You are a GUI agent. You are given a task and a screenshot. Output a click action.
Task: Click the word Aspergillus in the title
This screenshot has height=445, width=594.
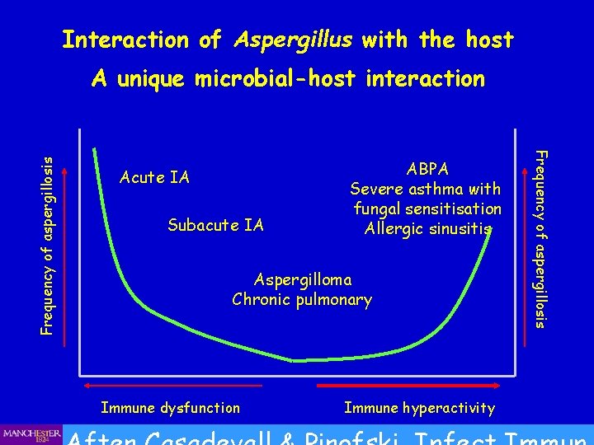tap(293, 40)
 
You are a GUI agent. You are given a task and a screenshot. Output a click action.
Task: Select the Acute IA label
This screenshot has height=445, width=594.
tap(154, 177)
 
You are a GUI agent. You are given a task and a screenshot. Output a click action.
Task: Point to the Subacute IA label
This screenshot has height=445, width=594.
tap(215, 225)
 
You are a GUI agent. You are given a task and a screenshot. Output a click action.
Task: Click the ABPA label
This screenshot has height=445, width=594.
tap(427, 169)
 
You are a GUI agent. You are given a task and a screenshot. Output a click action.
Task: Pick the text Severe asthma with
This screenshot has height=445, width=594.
tap(427, 190)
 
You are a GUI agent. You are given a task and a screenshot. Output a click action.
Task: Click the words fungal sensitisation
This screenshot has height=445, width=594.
tap(427, 209)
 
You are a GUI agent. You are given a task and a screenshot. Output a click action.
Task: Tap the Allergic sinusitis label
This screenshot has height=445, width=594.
tap(427, 228)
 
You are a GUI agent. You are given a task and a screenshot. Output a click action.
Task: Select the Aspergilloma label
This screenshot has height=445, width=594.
tap(302, 280)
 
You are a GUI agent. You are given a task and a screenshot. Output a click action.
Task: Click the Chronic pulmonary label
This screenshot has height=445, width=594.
tap(302, 299)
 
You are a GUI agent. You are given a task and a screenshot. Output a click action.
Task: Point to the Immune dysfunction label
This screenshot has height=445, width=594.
tap(170, 408)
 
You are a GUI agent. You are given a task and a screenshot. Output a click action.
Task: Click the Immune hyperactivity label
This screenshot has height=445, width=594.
tap(419, 408)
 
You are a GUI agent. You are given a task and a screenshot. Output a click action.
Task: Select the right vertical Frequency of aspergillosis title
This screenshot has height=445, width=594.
tap(541, 237)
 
